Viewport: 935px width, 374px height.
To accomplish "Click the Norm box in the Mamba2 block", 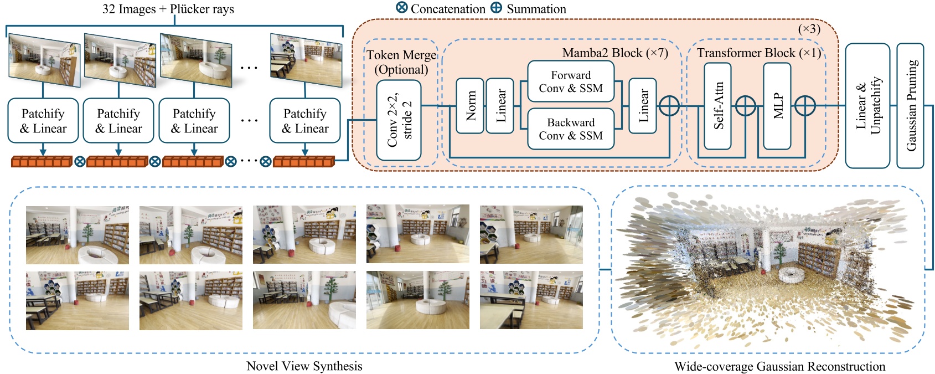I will [469, 106].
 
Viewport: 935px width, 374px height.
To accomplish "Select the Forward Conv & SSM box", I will [571, 81].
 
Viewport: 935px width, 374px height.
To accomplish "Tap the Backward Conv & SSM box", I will [571, 129].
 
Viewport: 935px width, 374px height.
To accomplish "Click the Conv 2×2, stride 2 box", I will [399, 120].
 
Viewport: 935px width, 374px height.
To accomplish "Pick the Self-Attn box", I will [717, 106].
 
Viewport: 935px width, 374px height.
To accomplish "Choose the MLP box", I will [777, 106].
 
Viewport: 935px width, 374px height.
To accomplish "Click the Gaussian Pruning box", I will [910, 106].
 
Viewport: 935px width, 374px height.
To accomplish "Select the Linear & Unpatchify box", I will [867, 106].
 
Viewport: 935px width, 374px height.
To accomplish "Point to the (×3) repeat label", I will [809, 29].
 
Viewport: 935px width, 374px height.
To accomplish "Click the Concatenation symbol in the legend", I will [402, 8].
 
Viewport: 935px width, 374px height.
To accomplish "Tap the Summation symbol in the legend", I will [497, 8].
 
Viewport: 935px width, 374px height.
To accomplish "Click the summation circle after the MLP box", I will [805, 105].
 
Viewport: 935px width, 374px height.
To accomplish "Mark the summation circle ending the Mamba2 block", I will [669, 105].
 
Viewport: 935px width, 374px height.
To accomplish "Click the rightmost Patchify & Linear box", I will [305, 121].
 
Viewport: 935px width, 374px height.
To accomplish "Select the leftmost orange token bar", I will [42, 161].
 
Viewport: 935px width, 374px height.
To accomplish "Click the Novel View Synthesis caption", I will [304, 366].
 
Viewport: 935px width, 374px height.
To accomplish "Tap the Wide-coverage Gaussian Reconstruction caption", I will [779, 366].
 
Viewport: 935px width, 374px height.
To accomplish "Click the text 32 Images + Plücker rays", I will [168, 9].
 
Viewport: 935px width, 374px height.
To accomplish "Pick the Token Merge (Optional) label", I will [401, 62].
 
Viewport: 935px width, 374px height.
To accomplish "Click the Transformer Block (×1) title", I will [758, 53].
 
